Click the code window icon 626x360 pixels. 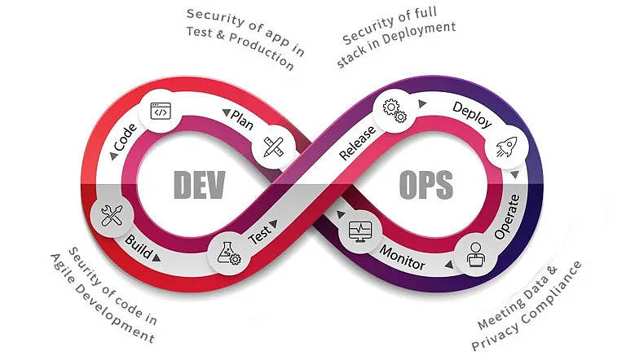point(161,111)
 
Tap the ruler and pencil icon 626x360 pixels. point(274,147)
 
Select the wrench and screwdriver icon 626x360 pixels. point(112,216)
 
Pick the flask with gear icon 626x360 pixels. point(229,253)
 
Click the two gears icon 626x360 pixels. point(395,111)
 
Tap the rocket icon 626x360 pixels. point(507,147)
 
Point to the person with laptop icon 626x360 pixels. point(475,255)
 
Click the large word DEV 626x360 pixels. point(200,185)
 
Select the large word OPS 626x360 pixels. point(426,185)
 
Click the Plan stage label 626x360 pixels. point(242,120)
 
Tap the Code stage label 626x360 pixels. point(125,138)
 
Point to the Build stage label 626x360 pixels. point(138,246)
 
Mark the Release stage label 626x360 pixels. point(357,143)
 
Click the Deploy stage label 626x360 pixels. point(472,115)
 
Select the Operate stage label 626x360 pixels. point(507,217)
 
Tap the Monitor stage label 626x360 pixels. point(402,258)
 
